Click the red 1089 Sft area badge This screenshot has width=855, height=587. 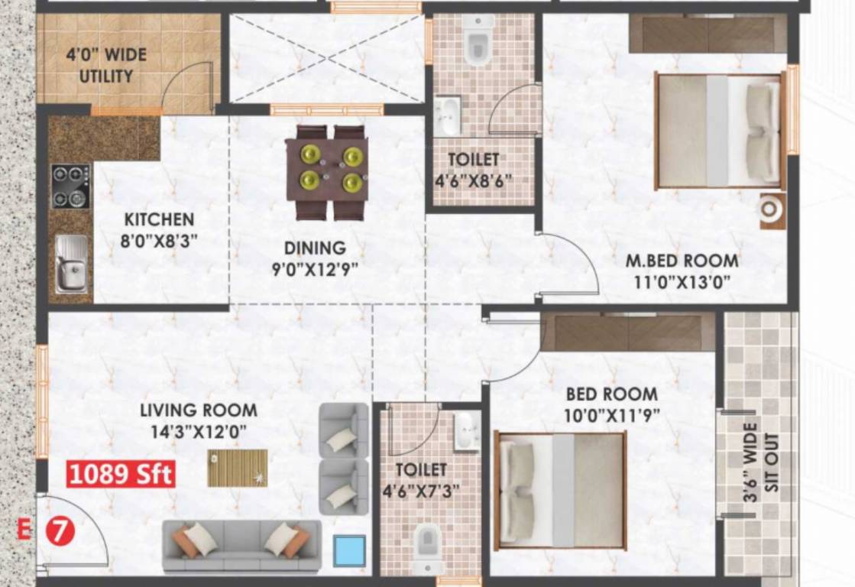pyautogui.click(x=121, y=474)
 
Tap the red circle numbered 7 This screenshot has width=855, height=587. pyautogui.click(x=61, y=532)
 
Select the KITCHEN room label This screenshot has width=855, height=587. pyautogui.click(x=159, y=220)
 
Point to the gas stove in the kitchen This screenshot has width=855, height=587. pyautogui.click(x=70, y=186)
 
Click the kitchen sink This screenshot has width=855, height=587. pyautogui.click(x=71, y=264)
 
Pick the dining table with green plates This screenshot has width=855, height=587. pyautogui.click(x=327, y=172)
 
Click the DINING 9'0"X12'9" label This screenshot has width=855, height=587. pyautogui.click(x=315, y=258)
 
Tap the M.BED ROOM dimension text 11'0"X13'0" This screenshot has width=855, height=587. pyautogui.click(x=682, y=281)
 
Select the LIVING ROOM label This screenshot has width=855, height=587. pyautogui.click(x=199, y=410)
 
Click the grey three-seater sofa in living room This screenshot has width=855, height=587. pyautogui.click(x=241, y=545)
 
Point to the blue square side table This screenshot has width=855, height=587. pyautogui.click(x=349, y=550)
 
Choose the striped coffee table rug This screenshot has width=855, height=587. pyautogui.click(x=238, y=468)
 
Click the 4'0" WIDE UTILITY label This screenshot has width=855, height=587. pyautogui.click(x=106, y=66)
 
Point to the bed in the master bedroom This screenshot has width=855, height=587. pyautogui.click(x=719, y=131)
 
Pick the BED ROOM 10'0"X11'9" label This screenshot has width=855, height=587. pyautogui.click(x=611, y=404)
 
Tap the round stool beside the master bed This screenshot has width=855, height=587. pyautogui.click(x=772, y=209)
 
